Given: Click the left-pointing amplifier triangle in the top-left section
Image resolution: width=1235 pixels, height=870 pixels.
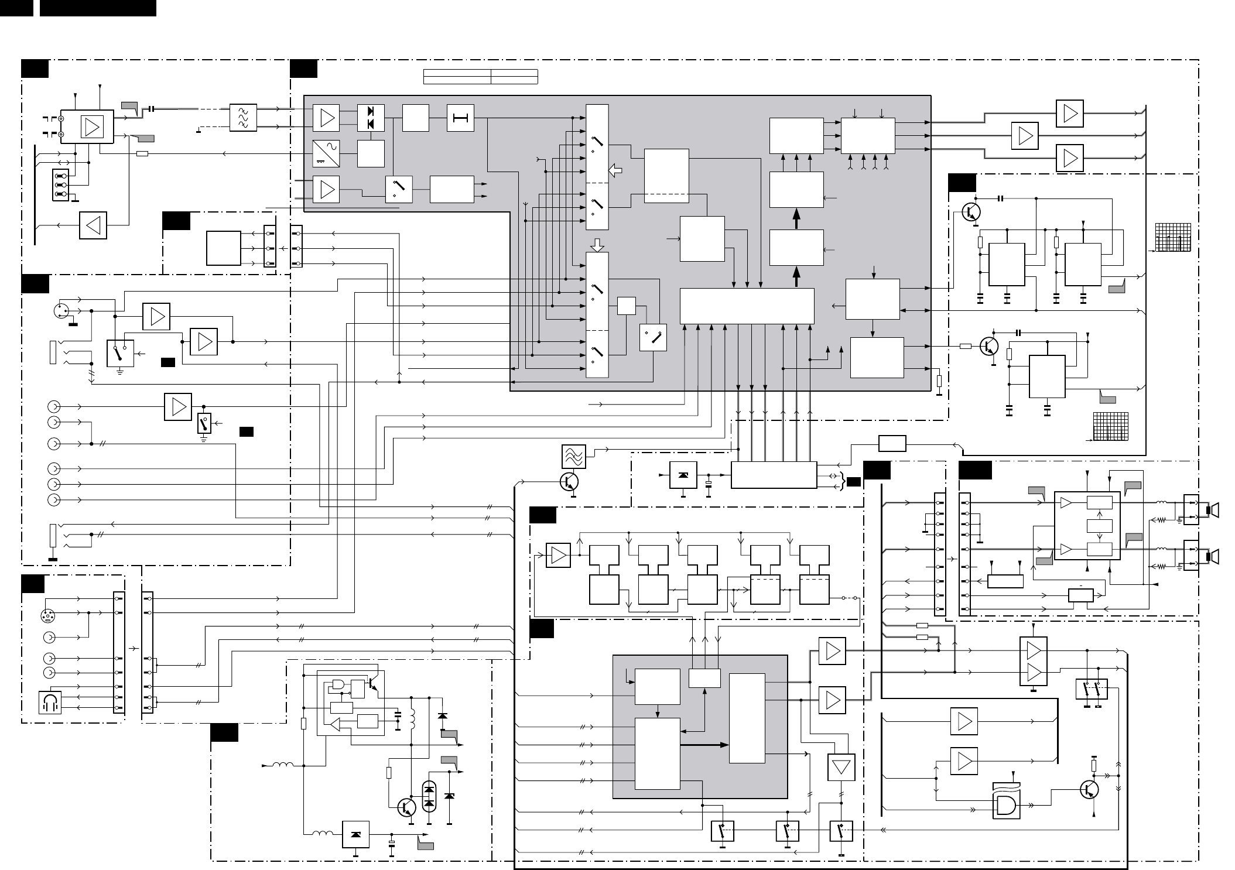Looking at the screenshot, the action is tap(93, 225).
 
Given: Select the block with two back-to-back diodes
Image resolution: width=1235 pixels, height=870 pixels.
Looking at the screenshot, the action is tap(371, 118).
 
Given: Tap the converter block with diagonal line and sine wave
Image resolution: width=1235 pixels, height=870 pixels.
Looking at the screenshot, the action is tap(326, 153).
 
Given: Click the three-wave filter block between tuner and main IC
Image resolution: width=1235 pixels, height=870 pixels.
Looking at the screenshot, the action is tap(243, 118).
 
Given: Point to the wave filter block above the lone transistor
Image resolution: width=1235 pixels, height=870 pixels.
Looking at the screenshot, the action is tap(573, 456).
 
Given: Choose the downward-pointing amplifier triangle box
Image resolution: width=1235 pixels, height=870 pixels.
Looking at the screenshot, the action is tap(841, 767).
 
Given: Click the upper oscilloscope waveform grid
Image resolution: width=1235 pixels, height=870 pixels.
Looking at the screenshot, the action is tap(1174, 238).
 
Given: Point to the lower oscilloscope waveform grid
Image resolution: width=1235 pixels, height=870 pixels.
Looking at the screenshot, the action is tap(1110, 426).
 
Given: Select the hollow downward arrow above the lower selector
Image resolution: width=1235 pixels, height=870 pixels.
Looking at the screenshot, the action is tap(597, 244).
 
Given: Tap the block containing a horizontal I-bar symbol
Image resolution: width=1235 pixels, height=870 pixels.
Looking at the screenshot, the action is tap(460, 118).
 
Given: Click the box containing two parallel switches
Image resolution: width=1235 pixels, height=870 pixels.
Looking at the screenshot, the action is tap(1092, 690).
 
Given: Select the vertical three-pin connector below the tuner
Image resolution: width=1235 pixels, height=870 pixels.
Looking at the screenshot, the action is tap(60, 184).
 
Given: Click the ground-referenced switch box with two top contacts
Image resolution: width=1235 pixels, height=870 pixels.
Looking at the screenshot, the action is tap(120, 353).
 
